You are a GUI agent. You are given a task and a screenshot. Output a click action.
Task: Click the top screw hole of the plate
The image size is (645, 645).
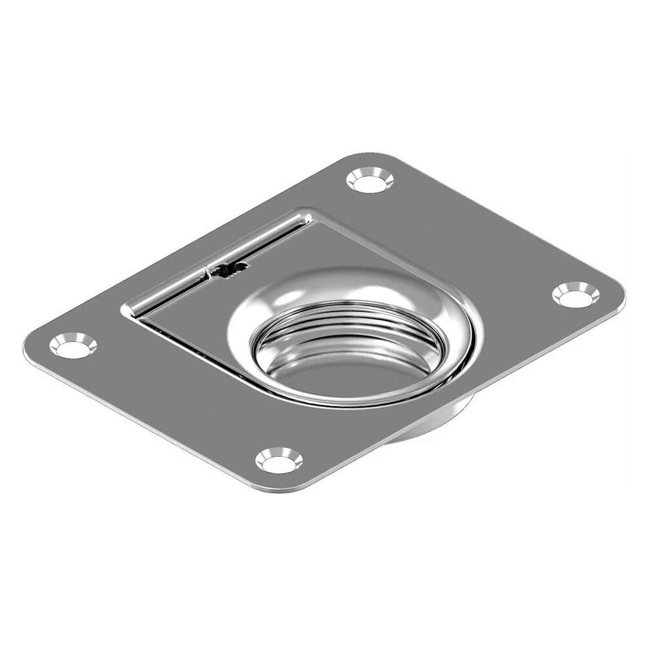[x=370, y=180]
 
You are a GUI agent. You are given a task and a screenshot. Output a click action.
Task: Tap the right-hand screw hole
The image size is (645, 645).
[x=575, y=295]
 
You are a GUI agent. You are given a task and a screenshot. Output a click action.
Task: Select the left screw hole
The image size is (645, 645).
[x=73, y=346]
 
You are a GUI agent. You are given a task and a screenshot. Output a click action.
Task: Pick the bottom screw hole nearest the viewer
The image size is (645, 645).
[x=279, y=461]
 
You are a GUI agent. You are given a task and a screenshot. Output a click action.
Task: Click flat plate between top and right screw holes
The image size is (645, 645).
[x=477, y=232]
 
